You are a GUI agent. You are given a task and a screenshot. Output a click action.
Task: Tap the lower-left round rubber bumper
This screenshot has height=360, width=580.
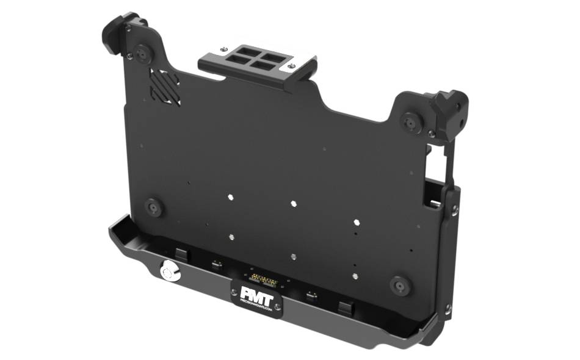[x=154, y=207]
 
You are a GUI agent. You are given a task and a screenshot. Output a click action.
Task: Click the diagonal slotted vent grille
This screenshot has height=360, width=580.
[x=165, y=87]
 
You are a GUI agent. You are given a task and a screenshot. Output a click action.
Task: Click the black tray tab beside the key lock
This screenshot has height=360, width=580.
[x=181, y=253]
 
